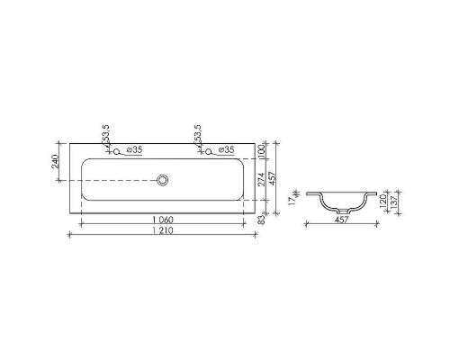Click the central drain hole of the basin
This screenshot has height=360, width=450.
(x=164, y=180)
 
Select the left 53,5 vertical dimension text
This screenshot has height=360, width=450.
(x=106, y=136)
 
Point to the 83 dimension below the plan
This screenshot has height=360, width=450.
(x=262, y=218)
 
